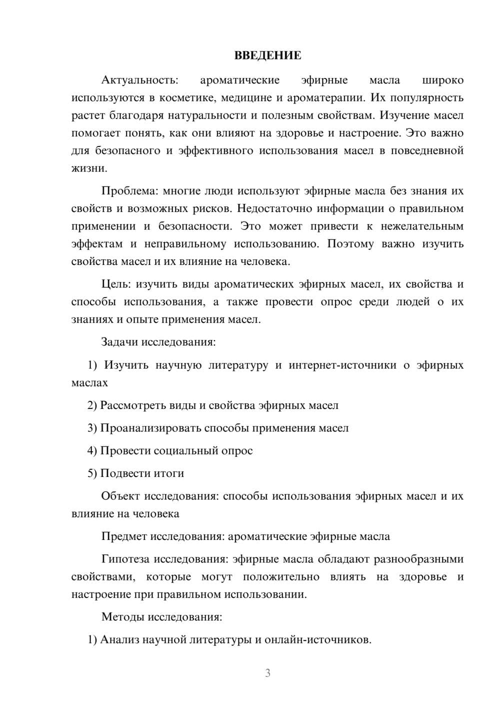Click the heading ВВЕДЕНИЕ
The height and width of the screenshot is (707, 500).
coord(267,55)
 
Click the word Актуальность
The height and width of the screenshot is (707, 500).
coord(139,80)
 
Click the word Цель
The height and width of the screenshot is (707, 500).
coord(116,284)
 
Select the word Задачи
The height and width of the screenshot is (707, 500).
coord(120,342)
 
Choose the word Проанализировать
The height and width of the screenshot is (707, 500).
coord(150,428)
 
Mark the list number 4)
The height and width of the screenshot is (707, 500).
coord(92,450)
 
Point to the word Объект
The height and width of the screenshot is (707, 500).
coord(120,496)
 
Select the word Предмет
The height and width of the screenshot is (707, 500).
coord(123,536)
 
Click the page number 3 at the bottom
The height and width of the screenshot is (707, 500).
coord(267,673)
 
